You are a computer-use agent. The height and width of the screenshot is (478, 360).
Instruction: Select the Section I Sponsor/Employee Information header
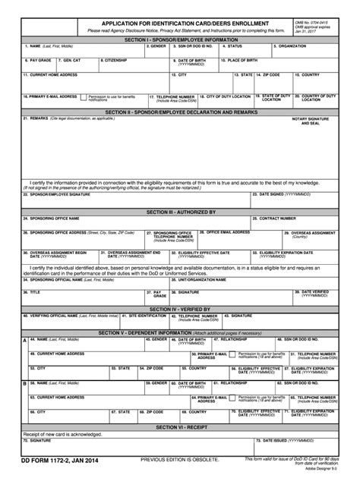180,38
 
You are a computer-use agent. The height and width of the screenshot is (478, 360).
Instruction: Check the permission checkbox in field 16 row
84,97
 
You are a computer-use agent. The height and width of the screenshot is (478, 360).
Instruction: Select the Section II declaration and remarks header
180,111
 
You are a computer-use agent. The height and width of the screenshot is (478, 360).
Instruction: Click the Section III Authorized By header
180,212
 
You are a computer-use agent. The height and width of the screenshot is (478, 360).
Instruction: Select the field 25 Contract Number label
277,219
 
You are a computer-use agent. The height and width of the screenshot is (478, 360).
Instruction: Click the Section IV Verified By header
180,309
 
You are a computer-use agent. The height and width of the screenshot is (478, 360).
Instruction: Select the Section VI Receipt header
180,427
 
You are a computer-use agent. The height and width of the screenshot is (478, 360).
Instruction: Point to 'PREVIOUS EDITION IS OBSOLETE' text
179,461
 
